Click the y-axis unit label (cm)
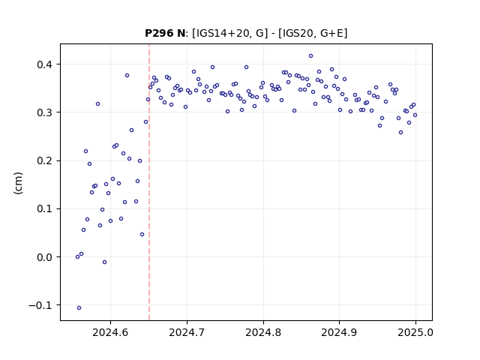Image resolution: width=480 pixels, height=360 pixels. (18, 183)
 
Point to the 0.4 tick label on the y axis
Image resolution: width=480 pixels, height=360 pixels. (44, 64)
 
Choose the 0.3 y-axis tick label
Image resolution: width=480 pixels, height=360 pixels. (44, 112)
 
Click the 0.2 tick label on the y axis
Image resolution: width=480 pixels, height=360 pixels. (44, 160)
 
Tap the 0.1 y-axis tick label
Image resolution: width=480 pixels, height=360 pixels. (44, 208)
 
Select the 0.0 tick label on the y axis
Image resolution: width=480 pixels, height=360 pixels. (44, 257)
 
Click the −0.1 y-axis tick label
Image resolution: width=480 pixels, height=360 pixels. (40, 305)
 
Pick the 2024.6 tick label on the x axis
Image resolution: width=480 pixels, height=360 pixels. (110, 332)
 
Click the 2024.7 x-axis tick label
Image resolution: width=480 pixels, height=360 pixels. (187, 332)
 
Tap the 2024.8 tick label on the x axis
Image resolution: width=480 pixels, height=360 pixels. (263, 332)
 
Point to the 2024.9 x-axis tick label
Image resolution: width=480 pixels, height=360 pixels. (339, 332)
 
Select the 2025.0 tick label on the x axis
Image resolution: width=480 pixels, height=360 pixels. (415, 332)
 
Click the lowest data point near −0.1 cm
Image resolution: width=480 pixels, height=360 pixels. (79, 308)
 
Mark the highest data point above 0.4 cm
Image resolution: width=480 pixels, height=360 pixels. (310, 56)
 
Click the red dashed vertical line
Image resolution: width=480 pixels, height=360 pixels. (149, 182)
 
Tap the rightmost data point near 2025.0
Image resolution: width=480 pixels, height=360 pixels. (415, 115)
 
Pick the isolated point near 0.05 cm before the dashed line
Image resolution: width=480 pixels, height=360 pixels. (142, 235)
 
